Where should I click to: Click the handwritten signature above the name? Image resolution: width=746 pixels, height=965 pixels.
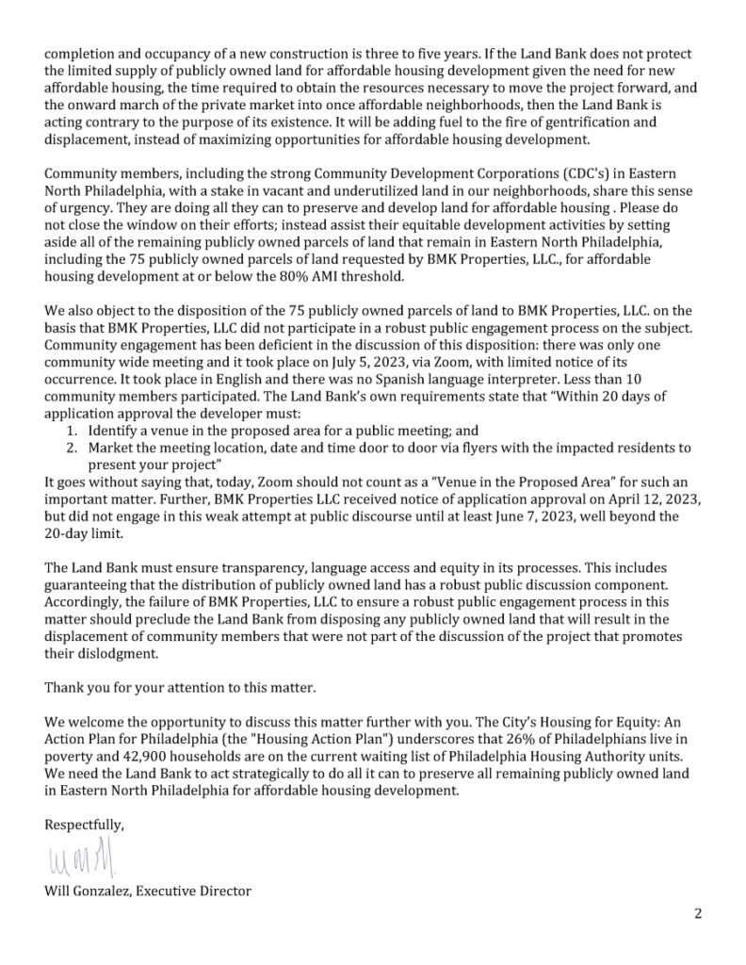[83, 858]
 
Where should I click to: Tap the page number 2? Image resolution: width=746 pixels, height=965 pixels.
[698, 913]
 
